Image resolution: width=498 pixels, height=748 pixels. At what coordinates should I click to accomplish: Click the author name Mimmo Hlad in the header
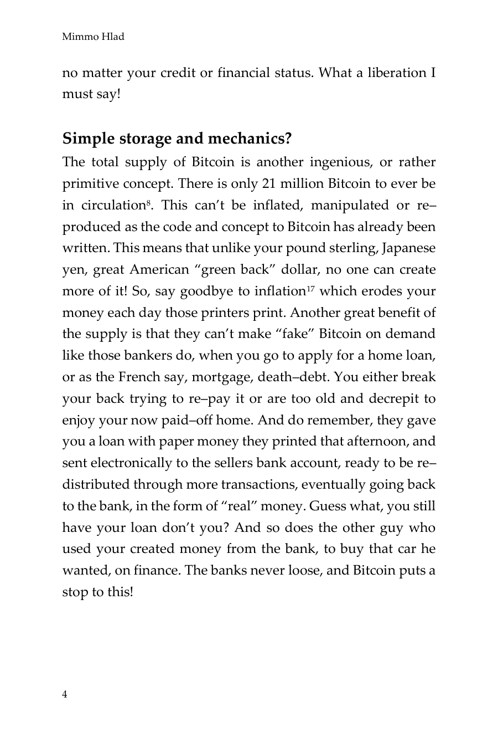(93, 37)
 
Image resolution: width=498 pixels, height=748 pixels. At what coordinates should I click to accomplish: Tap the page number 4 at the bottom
(65, 695)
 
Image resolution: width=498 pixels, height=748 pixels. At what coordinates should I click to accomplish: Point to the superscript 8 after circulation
(147, 202)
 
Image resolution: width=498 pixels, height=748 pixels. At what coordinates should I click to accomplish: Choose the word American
(159, 270)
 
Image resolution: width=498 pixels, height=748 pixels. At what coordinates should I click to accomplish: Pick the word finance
(155, 571)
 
